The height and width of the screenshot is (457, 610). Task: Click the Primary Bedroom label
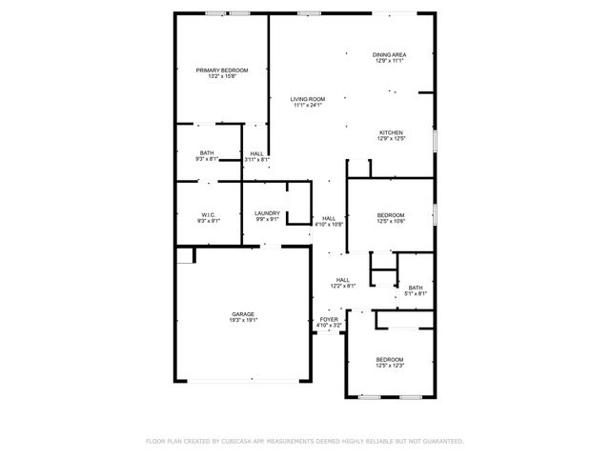(x=222, y=70)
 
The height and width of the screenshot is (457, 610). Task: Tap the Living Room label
(x=308, y=99)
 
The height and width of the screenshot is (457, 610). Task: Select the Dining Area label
(x=390, y=55)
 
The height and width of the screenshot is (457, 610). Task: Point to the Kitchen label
(x=391, y=132)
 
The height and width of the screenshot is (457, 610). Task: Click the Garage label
(x=243, y=314)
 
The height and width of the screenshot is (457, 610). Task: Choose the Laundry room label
(x=267, y=213)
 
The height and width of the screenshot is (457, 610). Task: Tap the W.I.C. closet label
(x=208, y=214)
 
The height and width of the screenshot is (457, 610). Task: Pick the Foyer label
(x=329, y=319)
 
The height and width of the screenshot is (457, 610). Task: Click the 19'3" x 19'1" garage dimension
(x=243, y=321)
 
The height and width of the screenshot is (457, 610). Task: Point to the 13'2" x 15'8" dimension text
(x=222, y=76)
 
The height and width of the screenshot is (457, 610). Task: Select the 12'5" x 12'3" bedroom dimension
(x=391, y=366)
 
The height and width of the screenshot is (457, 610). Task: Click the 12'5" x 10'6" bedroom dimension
(x=391, y=221)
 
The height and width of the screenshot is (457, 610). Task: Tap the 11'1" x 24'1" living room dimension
(x=308, y=105)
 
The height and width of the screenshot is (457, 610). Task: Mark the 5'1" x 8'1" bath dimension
(x=416, y=294)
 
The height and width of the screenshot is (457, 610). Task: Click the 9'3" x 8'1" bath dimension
(x=207, y=159)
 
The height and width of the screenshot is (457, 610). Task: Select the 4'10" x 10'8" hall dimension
(x=329, y=225)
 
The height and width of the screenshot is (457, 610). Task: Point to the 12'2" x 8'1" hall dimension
(x=343, y=286)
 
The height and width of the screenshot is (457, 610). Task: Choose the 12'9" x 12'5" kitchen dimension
(x=391, y=139)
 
